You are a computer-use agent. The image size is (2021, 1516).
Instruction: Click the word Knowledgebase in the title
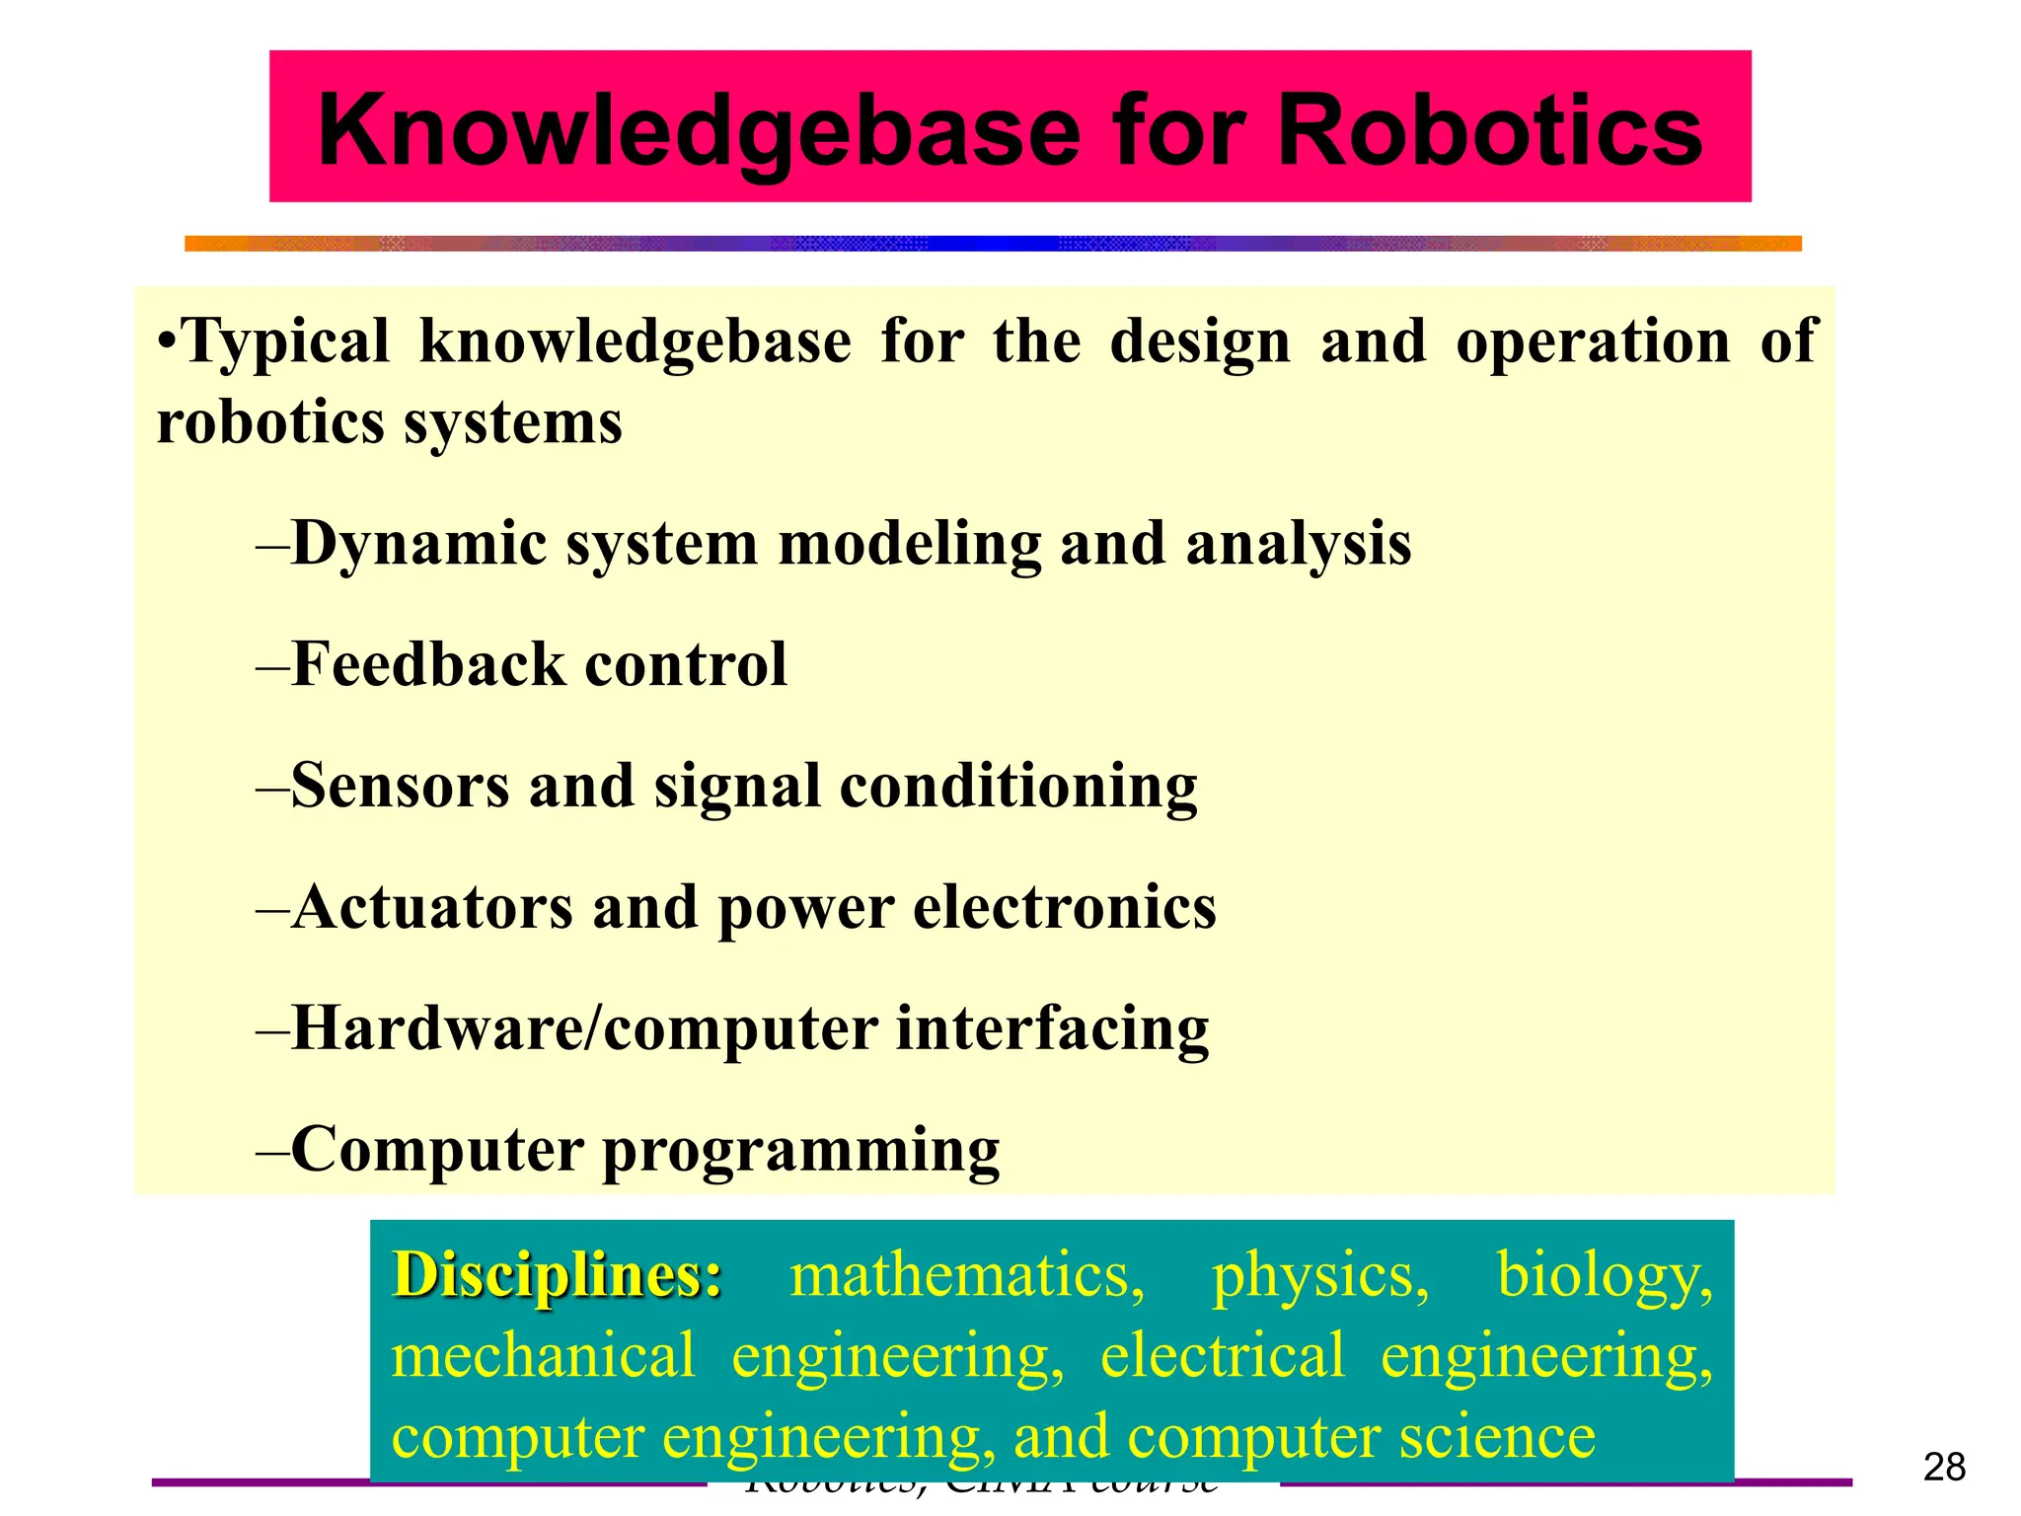click(x=699, y=130)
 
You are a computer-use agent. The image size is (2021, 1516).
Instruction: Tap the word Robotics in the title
click(x=1489, y=130)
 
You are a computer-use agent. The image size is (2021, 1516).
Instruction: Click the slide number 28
click(x=1944, y=1468)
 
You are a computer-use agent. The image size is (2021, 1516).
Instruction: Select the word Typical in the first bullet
click(x=286, y=341)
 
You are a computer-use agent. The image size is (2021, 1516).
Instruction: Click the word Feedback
click(x=428, y=664)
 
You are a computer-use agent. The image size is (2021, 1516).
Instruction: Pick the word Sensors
click(x=399, y=786)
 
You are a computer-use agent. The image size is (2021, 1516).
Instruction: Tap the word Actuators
click(x=431, y=907)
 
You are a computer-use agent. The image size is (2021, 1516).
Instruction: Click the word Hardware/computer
click(x=583, y=1028)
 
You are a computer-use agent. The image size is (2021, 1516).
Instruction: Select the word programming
click(x=800, y=1151)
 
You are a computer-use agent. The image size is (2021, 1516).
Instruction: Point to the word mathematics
click(x=967, y=1275)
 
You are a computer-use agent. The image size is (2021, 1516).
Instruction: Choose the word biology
click(x=1605, y=1275)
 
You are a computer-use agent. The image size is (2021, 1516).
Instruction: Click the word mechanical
click(x=544, y=1355)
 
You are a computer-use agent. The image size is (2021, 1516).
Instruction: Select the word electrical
click(x=1222, y=1355)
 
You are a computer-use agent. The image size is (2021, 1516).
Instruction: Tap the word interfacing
click(x=1052, y=1028)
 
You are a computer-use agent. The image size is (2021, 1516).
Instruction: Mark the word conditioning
click(x=1018, y=788)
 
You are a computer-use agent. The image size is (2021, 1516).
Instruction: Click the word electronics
click(x=1065, y=907)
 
